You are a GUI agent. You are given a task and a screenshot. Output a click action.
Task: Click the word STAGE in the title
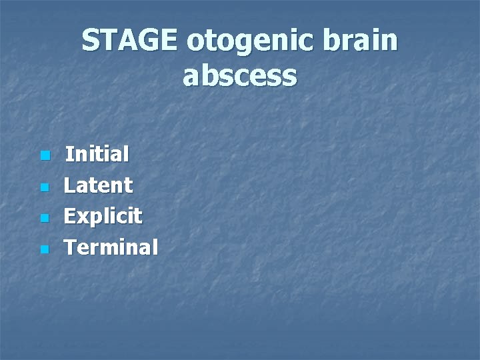pyautogui.click(x=130, y=41)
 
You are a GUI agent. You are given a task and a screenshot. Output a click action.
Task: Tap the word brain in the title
pyautogui.click(x=364, y=41)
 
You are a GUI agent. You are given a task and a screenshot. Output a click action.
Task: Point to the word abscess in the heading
pyautogui.click(x=240, y=76)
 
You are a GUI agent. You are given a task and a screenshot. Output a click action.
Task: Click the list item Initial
pyautogui.click(x=97, y=155)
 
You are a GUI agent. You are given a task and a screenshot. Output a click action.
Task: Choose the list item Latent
pyautogui.click(x=99, y=185)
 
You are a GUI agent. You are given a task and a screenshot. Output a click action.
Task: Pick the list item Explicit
pyautogui.click(x=103, y=217)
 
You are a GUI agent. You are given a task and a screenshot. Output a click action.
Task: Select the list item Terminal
pyautogui.click(x=111, y=247)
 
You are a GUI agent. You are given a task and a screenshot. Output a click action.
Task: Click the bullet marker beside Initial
pyautogui.click(x=44, y=156)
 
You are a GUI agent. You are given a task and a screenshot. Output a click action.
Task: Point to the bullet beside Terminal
pyautogui.click(x=44, y=249)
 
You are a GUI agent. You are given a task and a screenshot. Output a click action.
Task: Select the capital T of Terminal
pyautogui.click(x=71, y=247)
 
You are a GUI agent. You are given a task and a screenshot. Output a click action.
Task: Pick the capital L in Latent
pyautogui.click(x=69, y=185)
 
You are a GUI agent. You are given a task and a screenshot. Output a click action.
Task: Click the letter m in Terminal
pyautogui.click(x=113, y=249)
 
